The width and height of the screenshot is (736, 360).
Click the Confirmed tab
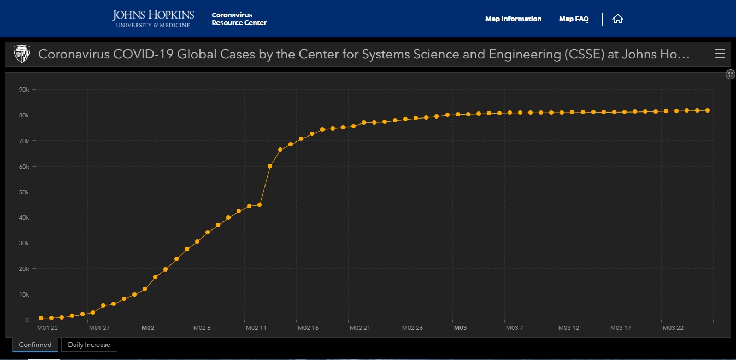pos(35,345)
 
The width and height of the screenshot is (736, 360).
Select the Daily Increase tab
pos(89,345)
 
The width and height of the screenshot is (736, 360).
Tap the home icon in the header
pos(617,19)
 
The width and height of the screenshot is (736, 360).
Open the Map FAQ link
pos(574,19)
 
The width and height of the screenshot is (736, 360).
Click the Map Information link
pos(513,19)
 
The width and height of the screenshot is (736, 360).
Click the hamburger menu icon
pos(719,54)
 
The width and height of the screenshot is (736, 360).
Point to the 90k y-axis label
pos(23,90)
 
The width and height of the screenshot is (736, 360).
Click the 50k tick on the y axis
pos(23,192)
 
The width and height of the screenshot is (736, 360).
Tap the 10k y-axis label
pos(23,294)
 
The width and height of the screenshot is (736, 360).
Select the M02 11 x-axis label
pos(255,328)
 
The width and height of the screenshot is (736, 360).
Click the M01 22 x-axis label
pos(47,328)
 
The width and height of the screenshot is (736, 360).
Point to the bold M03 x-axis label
pos(460,328)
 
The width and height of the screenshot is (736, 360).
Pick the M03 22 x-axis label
pos(673,328)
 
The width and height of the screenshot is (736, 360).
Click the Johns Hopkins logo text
pos(153,18)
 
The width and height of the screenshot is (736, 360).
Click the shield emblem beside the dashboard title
pos(22,53)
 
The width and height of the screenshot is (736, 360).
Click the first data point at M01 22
pos(41,318)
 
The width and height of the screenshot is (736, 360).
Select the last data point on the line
pos(708,110)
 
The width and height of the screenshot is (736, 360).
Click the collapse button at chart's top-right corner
pos(730,74)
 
